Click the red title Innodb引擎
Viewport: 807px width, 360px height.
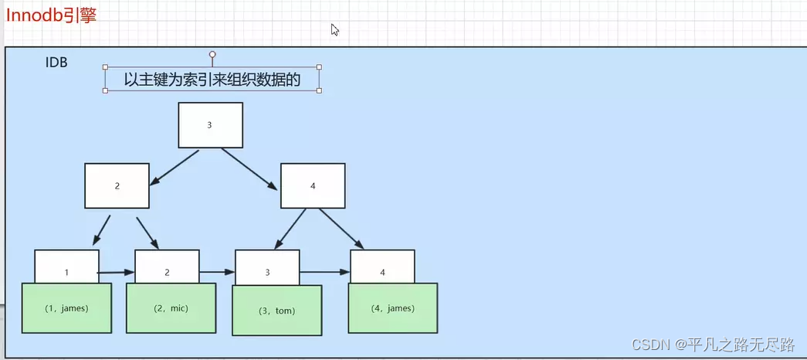51,15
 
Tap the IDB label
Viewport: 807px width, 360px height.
56,63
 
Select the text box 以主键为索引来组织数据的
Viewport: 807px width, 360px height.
212,79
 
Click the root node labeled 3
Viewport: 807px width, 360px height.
210,124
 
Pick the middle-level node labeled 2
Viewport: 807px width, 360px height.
117,185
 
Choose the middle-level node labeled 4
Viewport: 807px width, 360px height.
312,185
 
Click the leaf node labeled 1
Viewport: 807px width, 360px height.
66,267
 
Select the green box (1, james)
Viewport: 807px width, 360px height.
66,308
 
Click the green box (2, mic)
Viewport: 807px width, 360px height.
171,308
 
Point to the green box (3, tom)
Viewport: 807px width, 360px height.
277,311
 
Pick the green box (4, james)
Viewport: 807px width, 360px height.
392,308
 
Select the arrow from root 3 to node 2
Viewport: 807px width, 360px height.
175,168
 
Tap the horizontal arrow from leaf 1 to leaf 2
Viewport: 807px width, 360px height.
117,273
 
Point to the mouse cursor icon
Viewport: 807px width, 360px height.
335,29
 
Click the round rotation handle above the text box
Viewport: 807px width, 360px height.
212,55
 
